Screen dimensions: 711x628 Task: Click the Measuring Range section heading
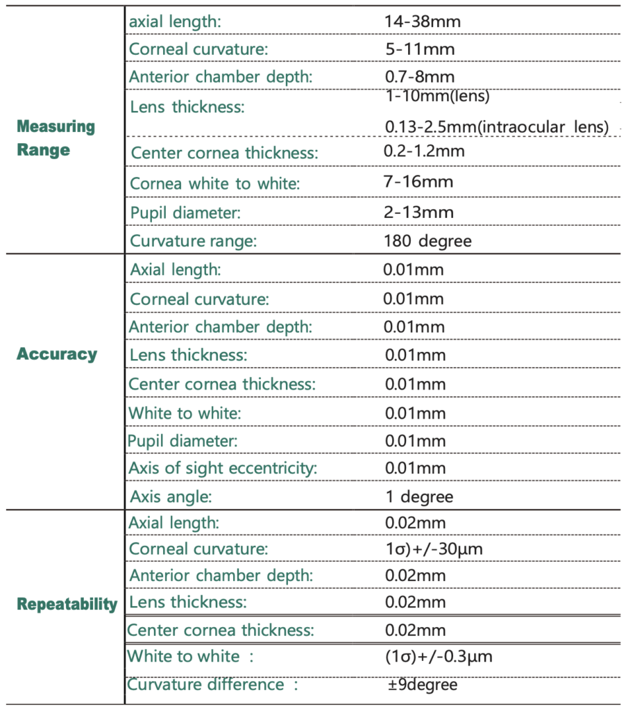(x=56, y=138)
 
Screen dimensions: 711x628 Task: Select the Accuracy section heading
(x=57, y=354)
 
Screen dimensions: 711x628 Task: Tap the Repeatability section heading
(x=67, y=604)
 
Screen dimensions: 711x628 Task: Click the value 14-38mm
(x=422, y=22)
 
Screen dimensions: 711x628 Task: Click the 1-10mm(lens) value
(x=437, y=97)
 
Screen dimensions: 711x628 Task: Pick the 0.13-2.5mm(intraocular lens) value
(x=497, y=127)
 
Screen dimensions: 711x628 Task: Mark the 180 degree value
(x=427, y=242)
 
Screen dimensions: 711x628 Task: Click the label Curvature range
(x=194, y=242)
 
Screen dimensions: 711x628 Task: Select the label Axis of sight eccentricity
(x=223, y=468)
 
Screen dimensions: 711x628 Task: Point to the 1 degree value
(x=419, y=497)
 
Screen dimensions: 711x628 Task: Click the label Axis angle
(x=171, y=497)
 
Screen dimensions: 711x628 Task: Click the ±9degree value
(x=423, y=685)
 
